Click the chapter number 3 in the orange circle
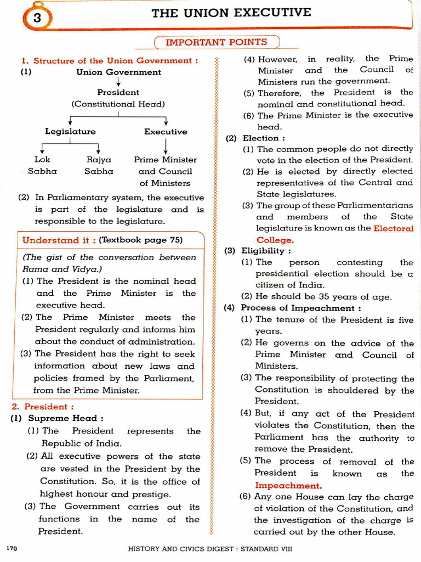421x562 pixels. pyautogui.click(x=37, y=18)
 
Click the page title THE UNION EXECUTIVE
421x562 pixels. pyautogui.click(x=231, y=13)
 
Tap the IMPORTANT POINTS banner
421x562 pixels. pyautogui.click(x=216, y=42)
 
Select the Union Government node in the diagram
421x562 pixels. pyautogui.click(x=118, y=72)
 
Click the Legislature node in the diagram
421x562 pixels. pyautogui.click(x=70, y=132)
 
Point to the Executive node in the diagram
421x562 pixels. pyautogui.click(x=166, y=132)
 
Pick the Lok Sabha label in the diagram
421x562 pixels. pyautogui.click(x=42, y=165)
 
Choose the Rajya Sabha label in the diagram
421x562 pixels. pyautogui.click(x=99, y=165)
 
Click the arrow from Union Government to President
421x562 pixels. pyautogui.click(x=118, y=82)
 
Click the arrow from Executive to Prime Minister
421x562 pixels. pyautogui.click(x=166, y=145)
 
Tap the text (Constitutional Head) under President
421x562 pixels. pyautogui.click(x=118, y=104)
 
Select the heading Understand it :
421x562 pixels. pyautogui.click(x=59, y=240)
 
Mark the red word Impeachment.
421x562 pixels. pyautogui.click(x=288, y=486)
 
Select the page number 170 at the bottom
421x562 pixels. pyautogui.click(x=12, y=548)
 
